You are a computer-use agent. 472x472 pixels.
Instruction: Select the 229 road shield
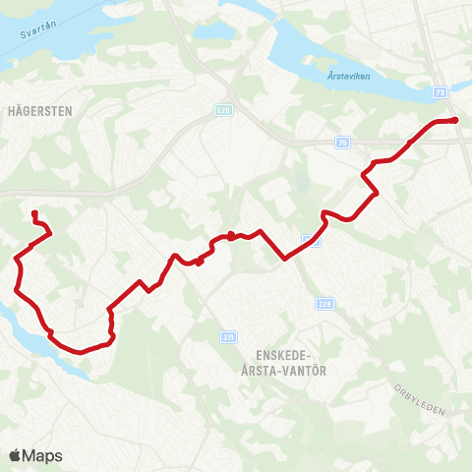[325, 304]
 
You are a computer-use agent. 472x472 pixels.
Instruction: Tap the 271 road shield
[228, 336]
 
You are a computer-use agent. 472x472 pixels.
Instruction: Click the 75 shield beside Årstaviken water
[438, 89]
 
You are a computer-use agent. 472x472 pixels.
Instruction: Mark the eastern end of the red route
[456, 120]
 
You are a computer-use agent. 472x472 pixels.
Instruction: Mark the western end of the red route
[33, 212]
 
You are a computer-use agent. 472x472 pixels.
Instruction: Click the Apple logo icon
[15, 455]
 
